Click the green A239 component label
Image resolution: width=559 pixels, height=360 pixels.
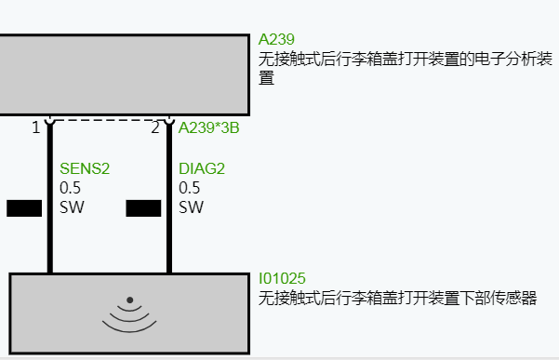[276, 39]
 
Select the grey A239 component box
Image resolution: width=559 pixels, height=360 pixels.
[125, 74]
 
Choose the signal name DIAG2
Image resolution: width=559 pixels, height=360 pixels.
[202, 169]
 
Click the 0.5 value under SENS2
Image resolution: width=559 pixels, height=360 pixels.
[71, 188]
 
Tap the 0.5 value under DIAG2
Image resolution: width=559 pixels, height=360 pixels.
[190, 188]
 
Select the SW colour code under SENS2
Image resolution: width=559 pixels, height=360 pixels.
[72, 207]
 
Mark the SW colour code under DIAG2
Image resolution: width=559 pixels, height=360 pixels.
[191, 207]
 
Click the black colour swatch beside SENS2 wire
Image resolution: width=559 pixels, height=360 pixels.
[24, 207]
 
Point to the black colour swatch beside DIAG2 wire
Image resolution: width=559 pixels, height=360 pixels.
[143, 207]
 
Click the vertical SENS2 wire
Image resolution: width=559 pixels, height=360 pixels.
[49, 242]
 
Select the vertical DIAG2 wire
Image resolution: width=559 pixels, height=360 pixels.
[169, 242]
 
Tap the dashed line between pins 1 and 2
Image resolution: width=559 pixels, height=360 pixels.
[109, 120]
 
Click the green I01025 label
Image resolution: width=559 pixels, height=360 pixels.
[282, 279]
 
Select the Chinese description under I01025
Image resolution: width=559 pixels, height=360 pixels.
[397, 299]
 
